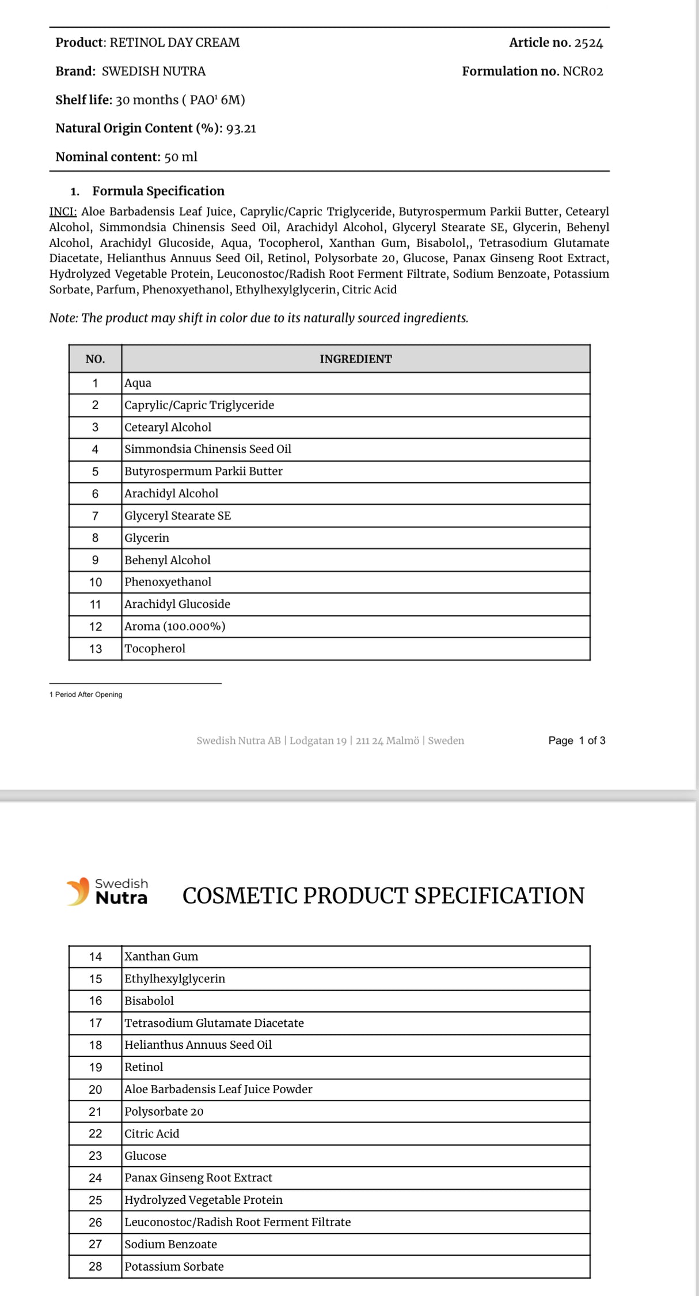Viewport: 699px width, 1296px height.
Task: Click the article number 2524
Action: tap(588, 43)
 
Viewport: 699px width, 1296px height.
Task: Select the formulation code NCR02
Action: tap(583, 71)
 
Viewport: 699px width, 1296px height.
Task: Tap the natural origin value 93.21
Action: tap(241, 129)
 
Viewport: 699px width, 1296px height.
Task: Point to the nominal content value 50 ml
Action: tap(181, 157)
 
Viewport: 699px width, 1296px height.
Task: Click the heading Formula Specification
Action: tap(158, 191)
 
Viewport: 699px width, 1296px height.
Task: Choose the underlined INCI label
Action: tap(63, 212)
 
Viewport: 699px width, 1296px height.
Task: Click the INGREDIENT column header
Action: tap(355, 359)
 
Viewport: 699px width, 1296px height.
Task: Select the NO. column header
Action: tap(95, 359)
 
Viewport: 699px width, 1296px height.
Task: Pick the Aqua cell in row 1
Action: tap(138, 383)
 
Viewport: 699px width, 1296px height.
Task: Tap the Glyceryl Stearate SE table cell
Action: tap(177, 516)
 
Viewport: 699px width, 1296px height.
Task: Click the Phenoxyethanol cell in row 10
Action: tap(168, 582)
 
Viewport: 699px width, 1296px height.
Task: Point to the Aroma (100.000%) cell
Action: tap(175, 626)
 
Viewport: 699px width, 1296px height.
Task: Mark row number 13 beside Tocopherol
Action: tap(95, 649)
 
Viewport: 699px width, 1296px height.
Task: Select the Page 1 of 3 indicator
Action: tap(576, 740)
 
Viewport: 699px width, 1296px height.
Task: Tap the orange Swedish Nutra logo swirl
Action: tap(79, 891)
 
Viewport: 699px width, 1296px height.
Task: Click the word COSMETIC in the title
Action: tap(240, 896)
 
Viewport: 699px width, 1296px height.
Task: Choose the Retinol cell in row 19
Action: tap(144, 1067)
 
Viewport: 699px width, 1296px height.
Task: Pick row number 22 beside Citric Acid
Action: tap(95, 1133)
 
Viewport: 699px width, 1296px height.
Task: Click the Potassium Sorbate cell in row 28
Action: tap(174, 1267)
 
